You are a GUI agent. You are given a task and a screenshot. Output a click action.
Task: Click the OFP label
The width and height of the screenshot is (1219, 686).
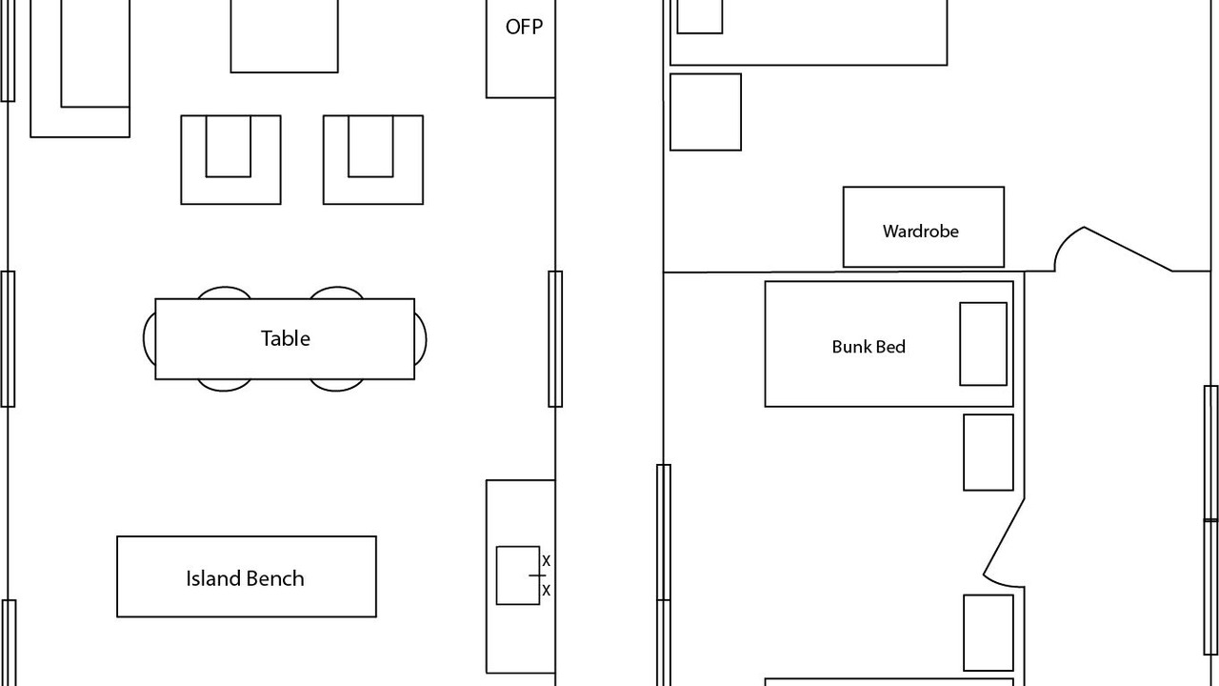point(524,27)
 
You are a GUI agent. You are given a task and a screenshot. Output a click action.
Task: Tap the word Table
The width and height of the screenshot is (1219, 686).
point(285,338)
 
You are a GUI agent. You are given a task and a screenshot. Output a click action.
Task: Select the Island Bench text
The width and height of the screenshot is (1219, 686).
point(245,578)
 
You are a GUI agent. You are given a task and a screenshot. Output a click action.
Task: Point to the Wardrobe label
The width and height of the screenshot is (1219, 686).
point(920,231)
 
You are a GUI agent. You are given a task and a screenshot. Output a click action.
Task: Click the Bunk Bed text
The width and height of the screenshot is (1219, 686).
point(868,347)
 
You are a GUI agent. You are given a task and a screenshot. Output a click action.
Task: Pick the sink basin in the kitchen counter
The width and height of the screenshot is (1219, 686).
point(517,575)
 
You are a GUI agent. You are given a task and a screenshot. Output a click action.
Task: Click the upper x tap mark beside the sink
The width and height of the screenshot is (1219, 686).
point(546,561)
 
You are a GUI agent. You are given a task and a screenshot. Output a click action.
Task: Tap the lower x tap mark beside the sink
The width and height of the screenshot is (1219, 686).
point(546,591)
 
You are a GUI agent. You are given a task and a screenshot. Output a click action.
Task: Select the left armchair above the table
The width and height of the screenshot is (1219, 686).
point(230,160)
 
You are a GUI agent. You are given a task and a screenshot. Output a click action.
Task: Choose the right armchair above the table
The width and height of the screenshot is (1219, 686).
point(372,160)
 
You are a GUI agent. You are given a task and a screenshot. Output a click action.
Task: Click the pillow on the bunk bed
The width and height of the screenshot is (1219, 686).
point(983,344)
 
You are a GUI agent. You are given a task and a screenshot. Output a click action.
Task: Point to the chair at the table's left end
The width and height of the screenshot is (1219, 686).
point(149,339)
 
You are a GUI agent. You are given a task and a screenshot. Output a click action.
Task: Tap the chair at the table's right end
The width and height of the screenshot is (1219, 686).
point(420,339)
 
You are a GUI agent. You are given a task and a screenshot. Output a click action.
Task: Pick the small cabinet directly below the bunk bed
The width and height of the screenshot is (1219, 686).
point(988,453)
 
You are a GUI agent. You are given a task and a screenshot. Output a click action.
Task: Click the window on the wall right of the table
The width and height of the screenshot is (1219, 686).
point(555,339)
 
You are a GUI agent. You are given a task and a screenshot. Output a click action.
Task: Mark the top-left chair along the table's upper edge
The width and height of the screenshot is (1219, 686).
point(225,293)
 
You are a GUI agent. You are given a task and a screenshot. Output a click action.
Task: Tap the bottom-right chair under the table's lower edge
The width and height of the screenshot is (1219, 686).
point(336,385)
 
